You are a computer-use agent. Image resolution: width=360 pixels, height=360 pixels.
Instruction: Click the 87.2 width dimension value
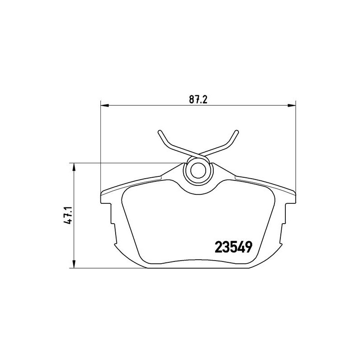(x=198, y=99)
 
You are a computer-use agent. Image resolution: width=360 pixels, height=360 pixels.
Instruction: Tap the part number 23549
(x=234, y=247)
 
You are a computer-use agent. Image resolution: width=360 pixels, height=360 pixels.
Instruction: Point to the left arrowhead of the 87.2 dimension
(x=104, y=105)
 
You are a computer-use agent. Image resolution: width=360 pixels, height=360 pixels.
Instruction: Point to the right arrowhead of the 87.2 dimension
(x=292, y=105)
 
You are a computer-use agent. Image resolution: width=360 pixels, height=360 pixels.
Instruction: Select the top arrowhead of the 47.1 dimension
(x=74, y=167)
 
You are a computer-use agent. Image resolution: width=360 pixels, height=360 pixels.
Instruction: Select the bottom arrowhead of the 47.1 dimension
(x=74, y=264)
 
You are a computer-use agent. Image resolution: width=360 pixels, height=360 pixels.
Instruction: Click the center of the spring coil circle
(x=198, y=171)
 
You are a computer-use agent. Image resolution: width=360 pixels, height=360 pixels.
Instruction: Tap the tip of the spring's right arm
(x=237, y=131)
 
